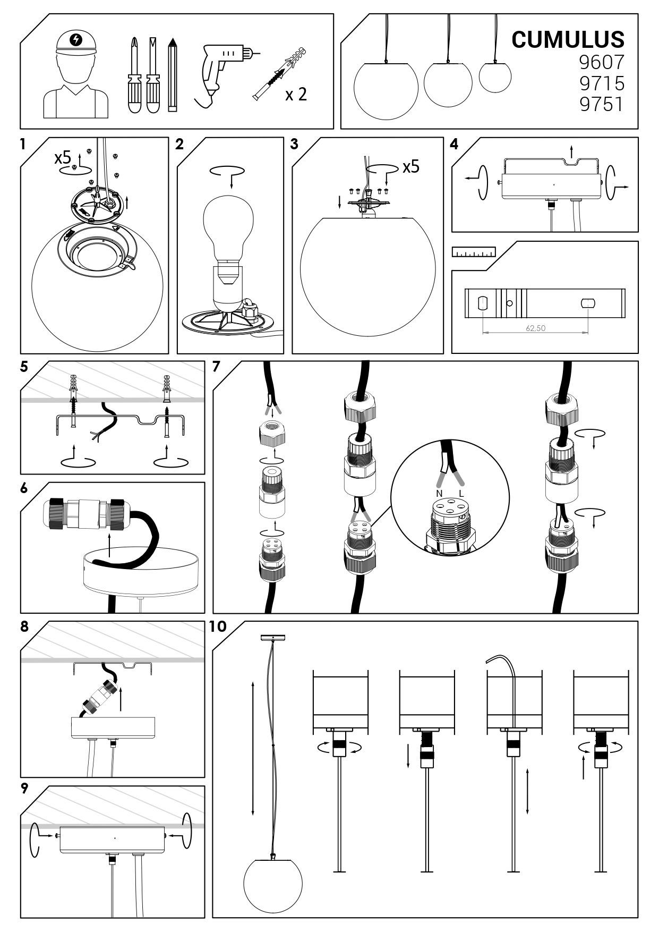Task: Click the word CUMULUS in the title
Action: click(x=568, y=39)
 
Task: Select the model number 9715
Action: click(x=601, y=83)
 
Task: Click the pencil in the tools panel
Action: click(x=172, y=74)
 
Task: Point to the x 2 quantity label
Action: click(x=296, y=95)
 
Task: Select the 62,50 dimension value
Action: click(x=535, y=328)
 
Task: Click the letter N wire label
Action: click(x=439, y=494)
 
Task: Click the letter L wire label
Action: click(x=461, y=494)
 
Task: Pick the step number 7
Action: click(x=216, y=367)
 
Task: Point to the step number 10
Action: click(x=218, y=626)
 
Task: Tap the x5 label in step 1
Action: click(x=62, y=158)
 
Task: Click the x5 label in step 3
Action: click(x=410, y=167)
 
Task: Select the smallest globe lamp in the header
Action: click(x=495, y=77)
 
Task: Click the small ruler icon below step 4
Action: click(x=474, y=251)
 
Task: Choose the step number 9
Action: click(x=24, y=788)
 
